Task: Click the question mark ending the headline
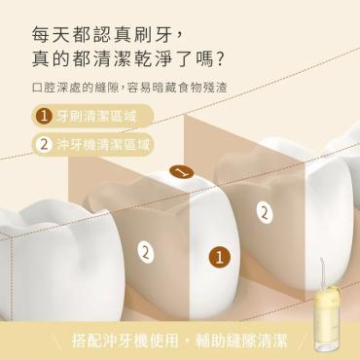coord(220,58)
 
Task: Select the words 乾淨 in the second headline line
coord(158,58)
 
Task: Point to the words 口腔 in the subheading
coord(44,88)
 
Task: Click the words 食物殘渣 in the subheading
coord(204,88)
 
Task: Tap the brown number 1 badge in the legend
coord(44,117)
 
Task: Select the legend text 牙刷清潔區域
coord(96,117)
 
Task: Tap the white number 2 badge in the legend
coord(44,145)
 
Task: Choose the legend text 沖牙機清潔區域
coord(103,145)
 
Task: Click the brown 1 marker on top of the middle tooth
coord(182,172)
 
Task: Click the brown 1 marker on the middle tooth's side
coord(220,258)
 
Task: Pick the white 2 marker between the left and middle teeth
coord(146,252)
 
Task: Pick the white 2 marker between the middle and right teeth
coord(265,213)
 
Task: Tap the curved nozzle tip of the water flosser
coord(321,260)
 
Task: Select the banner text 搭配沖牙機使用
coord(125,341)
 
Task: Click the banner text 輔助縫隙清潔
coord(241,341)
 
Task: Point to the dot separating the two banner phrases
coord(187,341)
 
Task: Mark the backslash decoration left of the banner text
coord(57,341)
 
